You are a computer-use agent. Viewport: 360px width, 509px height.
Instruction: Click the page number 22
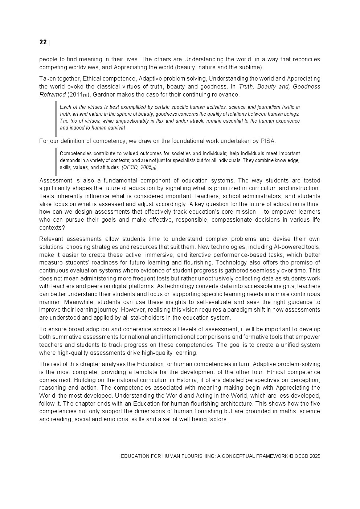coord(43,42)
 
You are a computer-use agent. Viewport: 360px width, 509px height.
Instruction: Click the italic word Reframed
coord(52,95)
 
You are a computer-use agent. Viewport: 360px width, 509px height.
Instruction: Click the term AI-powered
coord(285,247)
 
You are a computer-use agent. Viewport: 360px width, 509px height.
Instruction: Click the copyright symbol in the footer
coord(291,456)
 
